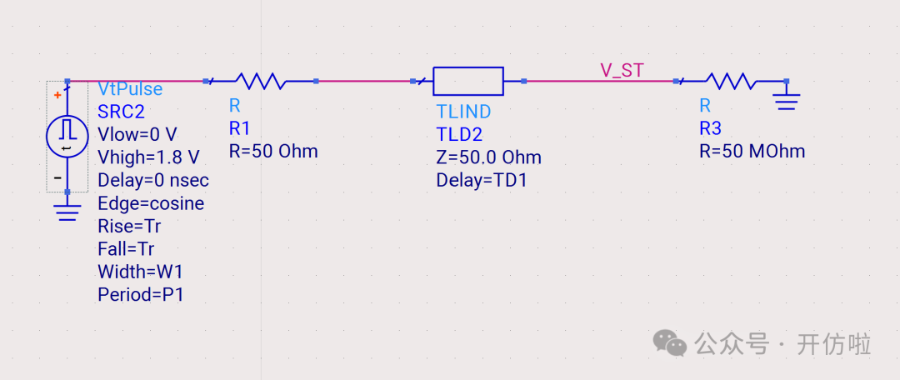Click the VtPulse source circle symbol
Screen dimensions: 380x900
(x=67, y=137)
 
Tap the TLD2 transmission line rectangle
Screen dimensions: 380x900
(x=468, y=81)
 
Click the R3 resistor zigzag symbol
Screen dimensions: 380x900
(x=730, y=81)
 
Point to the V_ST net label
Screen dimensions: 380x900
(x=622, y=70)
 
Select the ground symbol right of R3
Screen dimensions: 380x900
(x=786, y=99)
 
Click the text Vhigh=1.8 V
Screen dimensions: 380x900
(x=148, y=157)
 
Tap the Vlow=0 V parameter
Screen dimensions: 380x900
(x=137, y=135)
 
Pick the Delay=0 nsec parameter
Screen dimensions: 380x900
(x=153, y=181)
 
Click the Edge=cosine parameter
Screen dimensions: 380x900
(x=151, y=203)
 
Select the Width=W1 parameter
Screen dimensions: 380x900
(x=140, y=272)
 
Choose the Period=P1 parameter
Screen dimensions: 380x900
(x=141, y=294)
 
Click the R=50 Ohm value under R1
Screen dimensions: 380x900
(x=273, y=152)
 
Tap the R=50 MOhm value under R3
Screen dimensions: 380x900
(x=752, y=152)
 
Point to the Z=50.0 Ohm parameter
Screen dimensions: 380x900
(x=488, y=157)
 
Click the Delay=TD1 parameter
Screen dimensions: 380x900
(x=482, y=181)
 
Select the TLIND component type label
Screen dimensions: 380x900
(x=463, y=112)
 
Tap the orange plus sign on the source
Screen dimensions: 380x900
(x=57, y=95)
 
